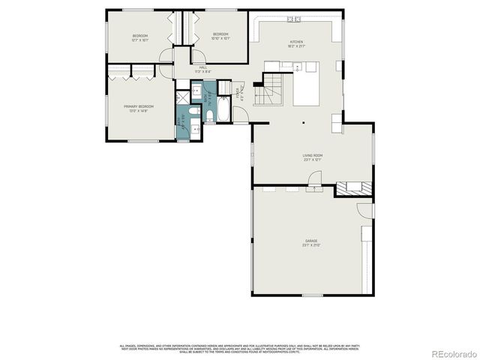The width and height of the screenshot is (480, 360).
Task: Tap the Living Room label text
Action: coord(312,157)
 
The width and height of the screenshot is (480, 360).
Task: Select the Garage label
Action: coord(311,243)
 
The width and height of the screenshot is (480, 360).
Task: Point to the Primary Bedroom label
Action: coord(139,108)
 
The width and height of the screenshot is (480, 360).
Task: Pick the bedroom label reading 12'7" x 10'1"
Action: coord(140,37)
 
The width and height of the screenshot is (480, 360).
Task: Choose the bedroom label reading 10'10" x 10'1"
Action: coord(220,36)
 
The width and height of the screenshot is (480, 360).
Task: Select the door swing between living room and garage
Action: coord(316,178)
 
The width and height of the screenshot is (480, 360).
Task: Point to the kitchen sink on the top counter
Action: coord(292,19)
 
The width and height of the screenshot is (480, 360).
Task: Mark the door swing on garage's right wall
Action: coord(364,211)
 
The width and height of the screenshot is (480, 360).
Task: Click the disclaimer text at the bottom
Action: coord(240,348)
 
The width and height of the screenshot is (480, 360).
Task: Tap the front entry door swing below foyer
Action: coord(240,115)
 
